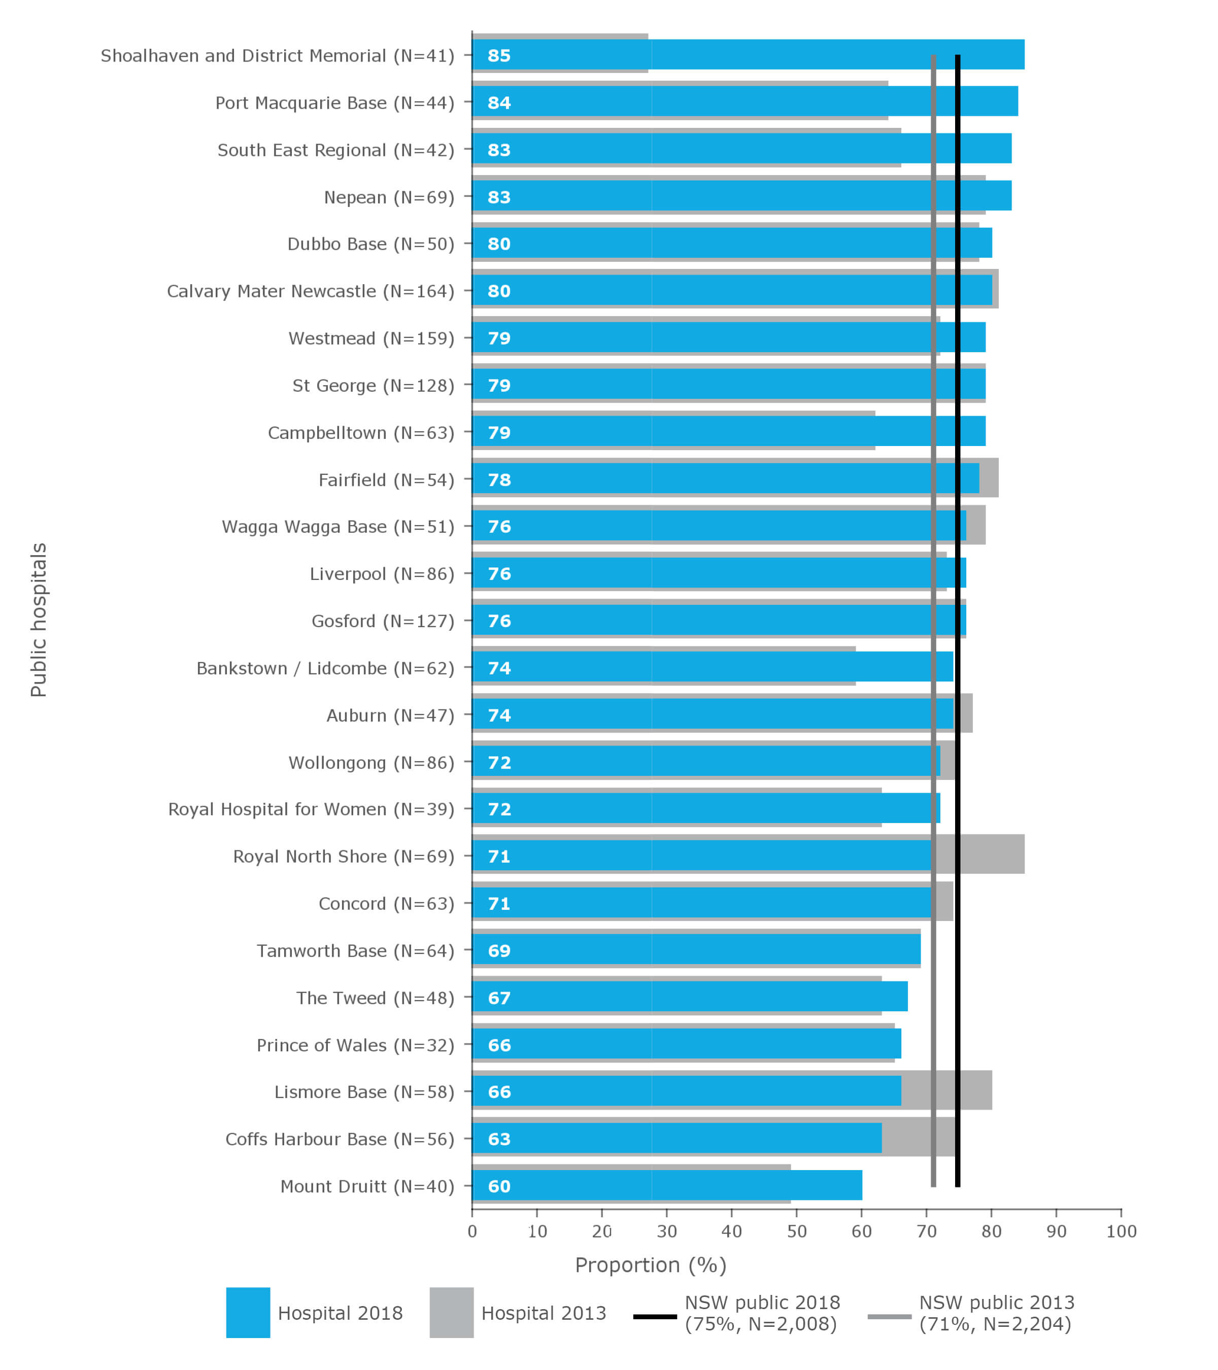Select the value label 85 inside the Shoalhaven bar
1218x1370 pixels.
click(x=499, y=56)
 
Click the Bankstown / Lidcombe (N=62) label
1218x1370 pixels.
click(x=325, y=668)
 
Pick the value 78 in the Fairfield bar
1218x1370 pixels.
click(x=499, y=480)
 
